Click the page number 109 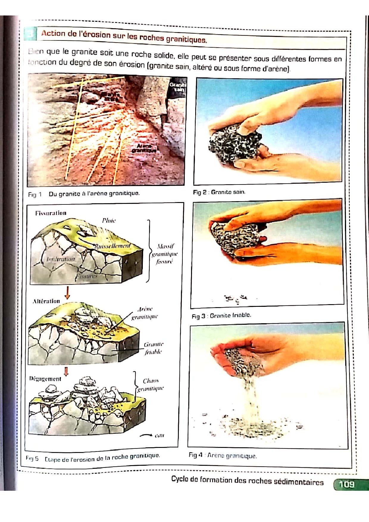347,484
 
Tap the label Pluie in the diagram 109,221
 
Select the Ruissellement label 112,246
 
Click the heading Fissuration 51,213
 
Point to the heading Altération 46,301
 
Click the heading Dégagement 45,379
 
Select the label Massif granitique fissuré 165,254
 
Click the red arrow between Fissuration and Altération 68,293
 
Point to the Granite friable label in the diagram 154,348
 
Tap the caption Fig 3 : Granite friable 221,315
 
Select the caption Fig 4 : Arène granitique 222,455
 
